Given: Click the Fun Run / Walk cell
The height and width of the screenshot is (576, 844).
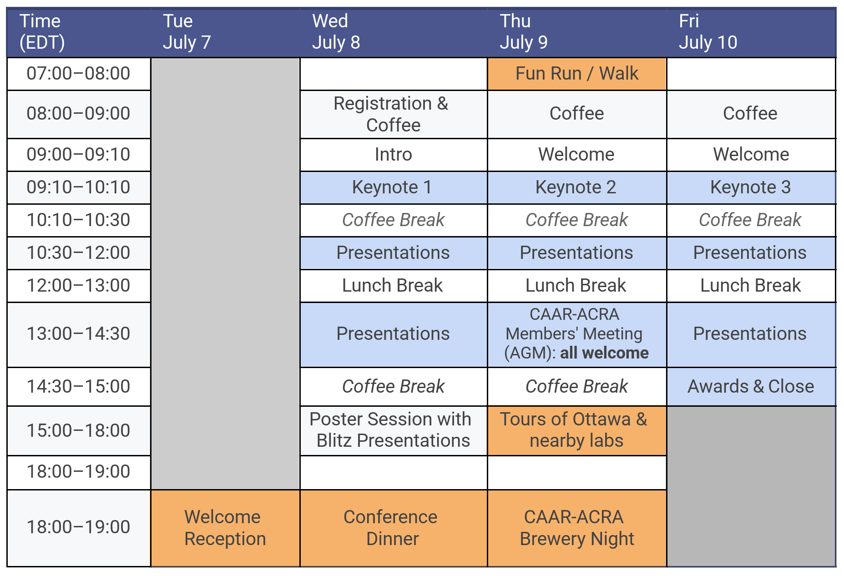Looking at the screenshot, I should tap(576, 74).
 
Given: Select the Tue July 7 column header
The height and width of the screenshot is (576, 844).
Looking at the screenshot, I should tap(187, 32).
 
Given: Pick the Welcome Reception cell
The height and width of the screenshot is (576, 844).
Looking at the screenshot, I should tap(225, 528).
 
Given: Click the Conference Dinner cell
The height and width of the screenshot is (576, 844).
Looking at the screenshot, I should tap(393, 528).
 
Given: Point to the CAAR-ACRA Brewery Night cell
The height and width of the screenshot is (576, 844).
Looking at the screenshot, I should tap(576, 528).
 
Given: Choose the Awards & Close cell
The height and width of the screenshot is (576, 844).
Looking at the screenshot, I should tap(751, 387).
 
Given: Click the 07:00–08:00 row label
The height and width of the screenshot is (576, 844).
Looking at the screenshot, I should tap(78, 74).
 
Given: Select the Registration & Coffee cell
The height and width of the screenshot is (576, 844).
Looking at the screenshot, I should tap(393, 114).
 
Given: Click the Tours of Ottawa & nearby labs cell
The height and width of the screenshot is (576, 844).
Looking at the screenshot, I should tap(576, 430).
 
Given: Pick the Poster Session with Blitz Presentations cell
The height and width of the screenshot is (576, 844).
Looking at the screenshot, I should tap(393, 430).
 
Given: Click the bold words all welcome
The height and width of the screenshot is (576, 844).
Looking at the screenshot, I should tap(604, 353).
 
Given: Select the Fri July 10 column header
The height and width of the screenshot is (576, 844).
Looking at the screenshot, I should tap(708, 32).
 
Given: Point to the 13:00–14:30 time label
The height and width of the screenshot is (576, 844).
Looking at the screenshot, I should tap(78, 334).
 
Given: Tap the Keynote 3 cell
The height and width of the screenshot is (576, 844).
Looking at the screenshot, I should tap(751, 187).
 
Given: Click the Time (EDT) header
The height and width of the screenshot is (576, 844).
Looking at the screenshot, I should tap(42, 32).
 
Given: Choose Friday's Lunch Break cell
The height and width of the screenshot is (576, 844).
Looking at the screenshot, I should tap(751, 286).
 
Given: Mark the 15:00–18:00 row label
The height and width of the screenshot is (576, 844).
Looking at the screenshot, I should tap(78, 430).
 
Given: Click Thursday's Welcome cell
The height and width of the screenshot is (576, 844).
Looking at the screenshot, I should tap(576, 155).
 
